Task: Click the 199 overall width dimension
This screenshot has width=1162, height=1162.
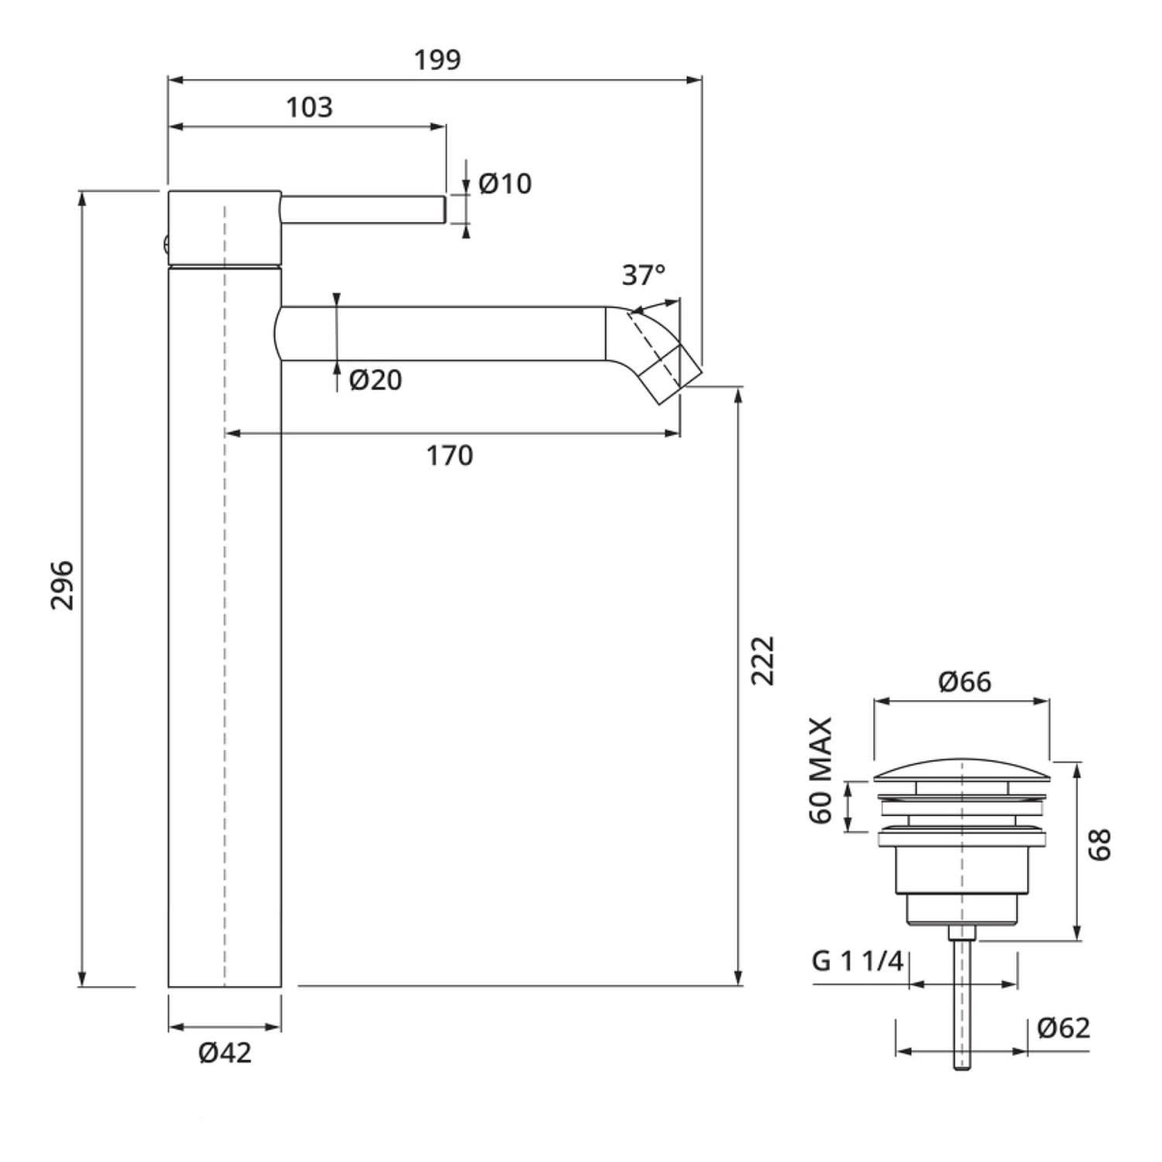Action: pos(437,60)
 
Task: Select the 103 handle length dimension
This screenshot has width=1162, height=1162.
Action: pos(309,107)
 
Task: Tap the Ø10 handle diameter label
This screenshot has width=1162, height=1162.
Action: pos(505,184)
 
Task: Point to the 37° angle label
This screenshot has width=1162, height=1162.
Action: pos(643,274)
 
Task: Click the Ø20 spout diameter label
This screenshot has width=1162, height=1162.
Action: pos(376,380)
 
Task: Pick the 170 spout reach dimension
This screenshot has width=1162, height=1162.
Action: pos(449,456)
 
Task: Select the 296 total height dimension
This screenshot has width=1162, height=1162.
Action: pos(62,585)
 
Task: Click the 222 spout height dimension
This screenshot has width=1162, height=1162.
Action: pos(763,660)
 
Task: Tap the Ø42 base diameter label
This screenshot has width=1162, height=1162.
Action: pos(225,1053)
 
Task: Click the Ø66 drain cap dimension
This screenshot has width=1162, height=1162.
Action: pos(964,682)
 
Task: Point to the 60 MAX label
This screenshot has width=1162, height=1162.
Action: pos(820,771)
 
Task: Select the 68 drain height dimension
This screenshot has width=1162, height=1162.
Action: pos(1100,844)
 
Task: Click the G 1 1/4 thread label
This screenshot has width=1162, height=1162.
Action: pos(858,961)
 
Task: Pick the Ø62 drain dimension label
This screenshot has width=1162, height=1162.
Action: pos(1064,1028)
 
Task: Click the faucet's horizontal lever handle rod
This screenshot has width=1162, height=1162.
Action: pos(363,210)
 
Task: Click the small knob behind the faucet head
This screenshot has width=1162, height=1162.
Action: pos(164,245)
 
